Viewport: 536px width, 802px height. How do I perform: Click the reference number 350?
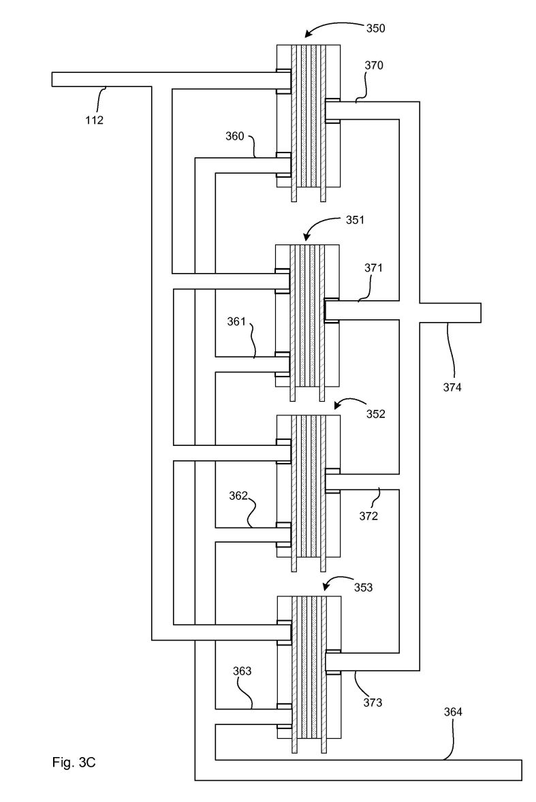375,28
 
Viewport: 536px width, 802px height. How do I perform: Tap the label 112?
94,121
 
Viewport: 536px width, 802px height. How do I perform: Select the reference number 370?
374,65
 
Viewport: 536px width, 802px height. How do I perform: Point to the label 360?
236,136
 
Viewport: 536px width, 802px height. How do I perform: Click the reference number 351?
356,220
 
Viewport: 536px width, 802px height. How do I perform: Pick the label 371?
374,268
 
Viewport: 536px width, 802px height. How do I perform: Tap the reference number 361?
237,322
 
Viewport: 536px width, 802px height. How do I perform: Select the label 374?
452,387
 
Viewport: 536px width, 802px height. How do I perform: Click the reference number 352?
375,415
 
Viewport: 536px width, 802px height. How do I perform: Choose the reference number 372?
368,516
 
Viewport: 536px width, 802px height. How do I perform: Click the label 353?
363,587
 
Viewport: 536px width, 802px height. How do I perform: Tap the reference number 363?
242,671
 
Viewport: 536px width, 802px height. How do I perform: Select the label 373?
373,703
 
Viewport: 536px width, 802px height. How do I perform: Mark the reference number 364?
453,711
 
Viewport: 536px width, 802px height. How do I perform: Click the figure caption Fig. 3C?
74,763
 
